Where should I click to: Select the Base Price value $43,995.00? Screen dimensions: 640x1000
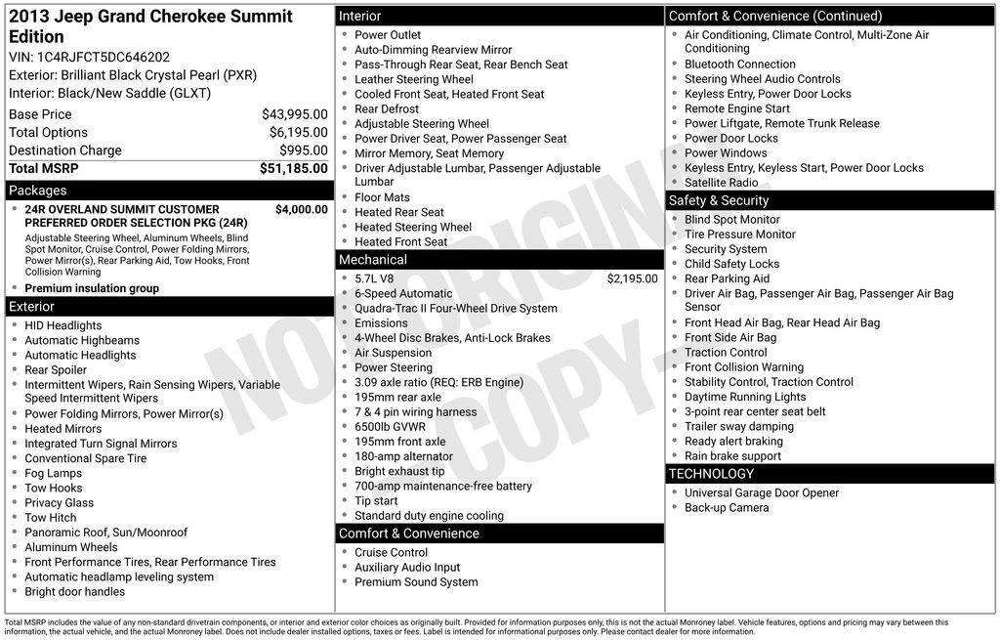pyautogui.click(x=294, y=114)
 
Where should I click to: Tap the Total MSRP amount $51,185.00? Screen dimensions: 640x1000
pyautogui.click(x=293, y=169)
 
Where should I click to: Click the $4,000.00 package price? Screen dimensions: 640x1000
pyautogui.click(x=301, y=209)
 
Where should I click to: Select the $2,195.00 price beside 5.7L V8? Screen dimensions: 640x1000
pyautogui.click(x=632, y=278)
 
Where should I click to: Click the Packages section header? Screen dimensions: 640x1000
pyautogui.click(x=38, y=191)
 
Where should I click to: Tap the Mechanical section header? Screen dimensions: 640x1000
pyautogui.click(x=372, y=260)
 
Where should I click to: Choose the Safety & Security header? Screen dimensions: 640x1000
pyautogui.click(x=719, y=200)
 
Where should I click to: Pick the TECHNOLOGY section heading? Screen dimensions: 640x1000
pyautogui.click(x=711, y=474)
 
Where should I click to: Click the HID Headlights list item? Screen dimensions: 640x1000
pyautogui.click(x=62, y=325)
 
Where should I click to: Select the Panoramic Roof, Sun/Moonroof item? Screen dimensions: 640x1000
pyautogui.click(x=105, y=533)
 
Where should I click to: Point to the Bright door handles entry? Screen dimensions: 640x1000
pyautogui.click(x=74, y=591)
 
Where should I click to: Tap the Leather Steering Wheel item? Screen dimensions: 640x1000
pyautogui.click(x=413, y=79)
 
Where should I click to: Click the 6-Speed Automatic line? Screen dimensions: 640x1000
pyautogui.click(x=403, y=293)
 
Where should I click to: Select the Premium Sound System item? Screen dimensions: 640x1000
pyautogui.click(x=416, y=582)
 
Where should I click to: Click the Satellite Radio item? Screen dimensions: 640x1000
pyautogui.click(x=721, y=183)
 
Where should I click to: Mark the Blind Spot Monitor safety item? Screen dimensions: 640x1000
pyautogui.click(x=731, y=220)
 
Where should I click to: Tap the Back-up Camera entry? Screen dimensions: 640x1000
pyautogui.click(x=726, y=508)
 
